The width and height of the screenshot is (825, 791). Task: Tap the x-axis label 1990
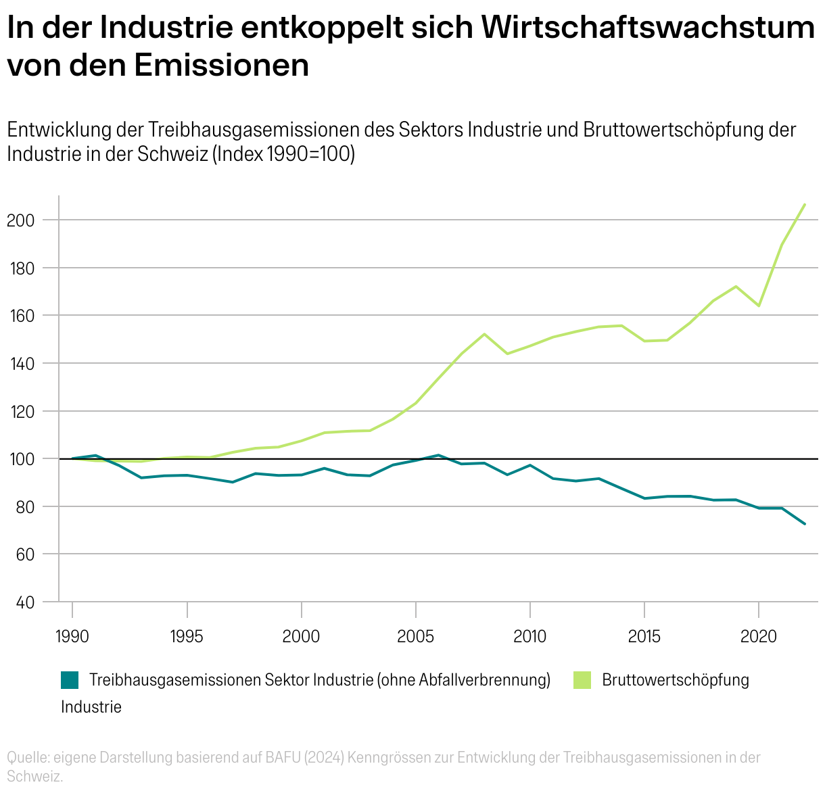72,636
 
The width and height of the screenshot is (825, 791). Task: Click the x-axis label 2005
415,636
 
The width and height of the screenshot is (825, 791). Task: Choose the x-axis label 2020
758,636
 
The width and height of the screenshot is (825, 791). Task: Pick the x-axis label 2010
529,636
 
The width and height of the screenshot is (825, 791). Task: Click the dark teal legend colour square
70,680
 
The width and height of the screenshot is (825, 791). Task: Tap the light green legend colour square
582,680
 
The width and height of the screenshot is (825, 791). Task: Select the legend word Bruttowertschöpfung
676,680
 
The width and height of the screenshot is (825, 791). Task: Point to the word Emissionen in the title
221,66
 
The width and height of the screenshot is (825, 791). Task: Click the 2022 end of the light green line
805,204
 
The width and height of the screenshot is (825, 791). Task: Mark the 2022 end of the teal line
805,524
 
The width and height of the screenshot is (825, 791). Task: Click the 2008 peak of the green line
484,334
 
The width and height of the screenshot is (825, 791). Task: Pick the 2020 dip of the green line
759,306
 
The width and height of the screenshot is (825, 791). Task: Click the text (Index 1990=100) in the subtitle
284,154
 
